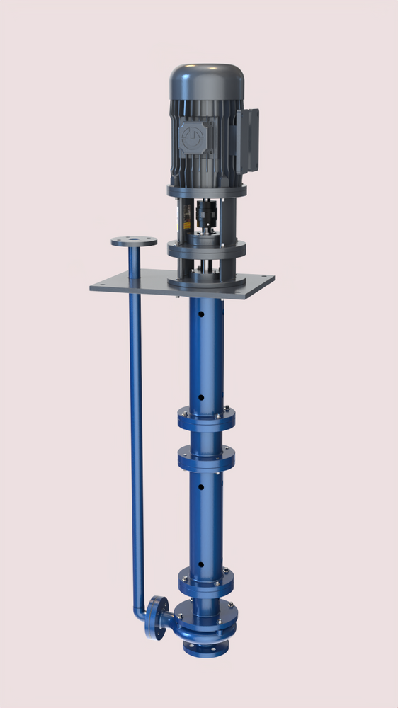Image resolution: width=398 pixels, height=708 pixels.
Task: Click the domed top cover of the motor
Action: (206, 77)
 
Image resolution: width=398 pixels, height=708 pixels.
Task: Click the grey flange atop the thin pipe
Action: (134, 241)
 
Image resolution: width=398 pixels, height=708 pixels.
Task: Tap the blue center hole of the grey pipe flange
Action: (134, 241)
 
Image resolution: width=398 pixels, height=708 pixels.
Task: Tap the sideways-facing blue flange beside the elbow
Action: (157, 617)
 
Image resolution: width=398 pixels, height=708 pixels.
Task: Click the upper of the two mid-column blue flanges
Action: (206, 420)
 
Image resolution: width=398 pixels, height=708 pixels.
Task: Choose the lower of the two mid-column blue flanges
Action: (206, 460)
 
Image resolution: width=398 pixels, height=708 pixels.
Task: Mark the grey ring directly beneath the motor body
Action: (207, 190)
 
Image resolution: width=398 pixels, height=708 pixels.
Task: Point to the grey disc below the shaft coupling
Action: (206, 249)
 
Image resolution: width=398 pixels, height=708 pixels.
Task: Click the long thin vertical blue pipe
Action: (136, 425)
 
